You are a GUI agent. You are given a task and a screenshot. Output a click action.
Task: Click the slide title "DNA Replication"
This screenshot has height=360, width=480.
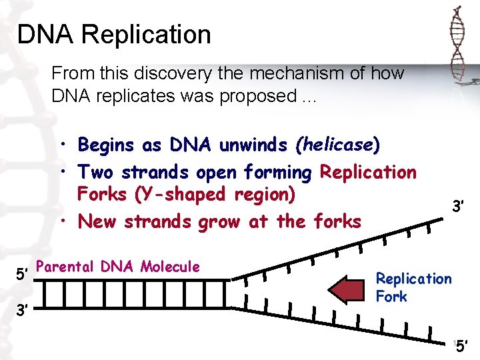[114, 35]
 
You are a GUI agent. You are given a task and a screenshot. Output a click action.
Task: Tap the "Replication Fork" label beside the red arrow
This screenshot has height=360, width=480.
[413, 287]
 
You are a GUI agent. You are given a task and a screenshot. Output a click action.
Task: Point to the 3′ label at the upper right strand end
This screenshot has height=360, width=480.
[458, 207]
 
